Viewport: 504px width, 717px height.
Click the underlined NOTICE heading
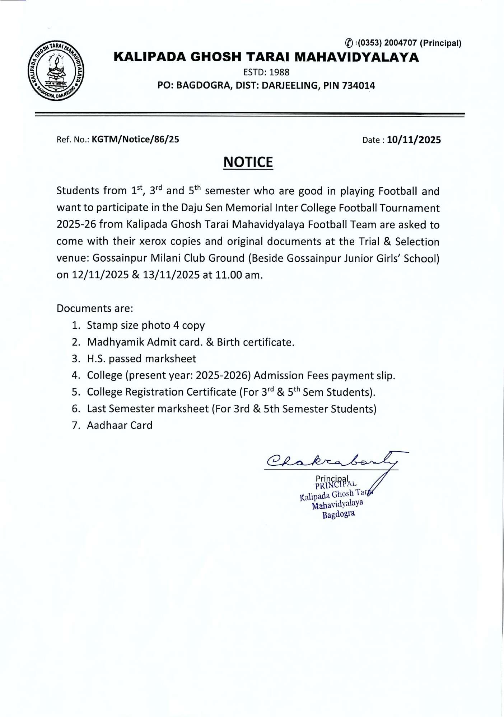[248, 162]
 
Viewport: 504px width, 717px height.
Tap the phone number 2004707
[400, 43]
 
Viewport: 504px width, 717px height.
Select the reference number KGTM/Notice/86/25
[135, 139]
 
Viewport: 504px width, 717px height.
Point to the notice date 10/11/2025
[414, 140]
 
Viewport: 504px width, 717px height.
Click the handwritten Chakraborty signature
[332, 461]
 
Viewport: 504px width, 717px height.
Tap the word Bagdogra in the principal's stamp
[339, 514]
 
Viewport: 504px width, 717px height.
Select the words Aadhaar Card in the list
[120, 425]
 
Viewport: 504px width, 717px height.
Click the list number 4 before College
[75, 375]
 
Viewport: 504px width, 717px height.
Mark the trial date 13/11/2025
[171, 275]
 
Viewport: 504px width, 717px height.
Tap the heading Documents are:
[95, 308]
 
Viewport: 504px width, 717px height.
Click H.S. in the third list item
[96, 358]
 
